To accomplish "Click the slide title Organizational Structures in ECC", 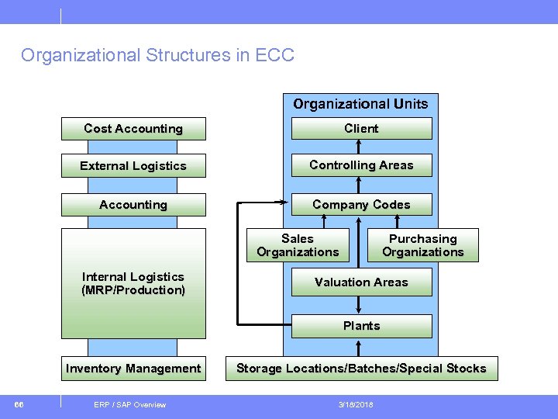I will pos(157,56).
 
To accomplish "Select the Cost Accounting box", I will pos(133,129).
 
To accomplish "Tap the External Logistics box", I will pos(133,166).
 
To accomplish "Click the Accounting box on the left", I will pos(133,205).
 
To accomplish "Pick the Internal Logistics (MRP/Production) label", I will pos(133,283).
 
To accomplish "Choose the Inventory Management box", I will pos(133,369).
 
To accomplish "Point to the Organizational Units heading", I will pos(360,104).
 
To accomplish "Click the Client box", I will pos(361,129).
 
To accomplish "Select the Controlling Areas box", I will pos(361,165).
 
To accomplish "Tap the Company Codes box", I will pos(361,205).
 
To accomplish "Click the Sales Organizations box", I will pos(298,245).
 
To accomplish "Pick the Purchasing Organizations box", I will pos(422,245).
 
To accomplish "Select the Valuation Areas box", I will pos(361,282).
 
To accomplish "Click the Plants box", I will pos(361,326).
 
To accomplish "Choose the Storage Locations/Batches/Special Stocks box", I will pos(361,369).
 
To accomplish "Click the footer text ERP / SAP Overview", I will pos(129,404).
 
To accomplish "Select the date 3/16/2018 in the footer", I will pos(356,404).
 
